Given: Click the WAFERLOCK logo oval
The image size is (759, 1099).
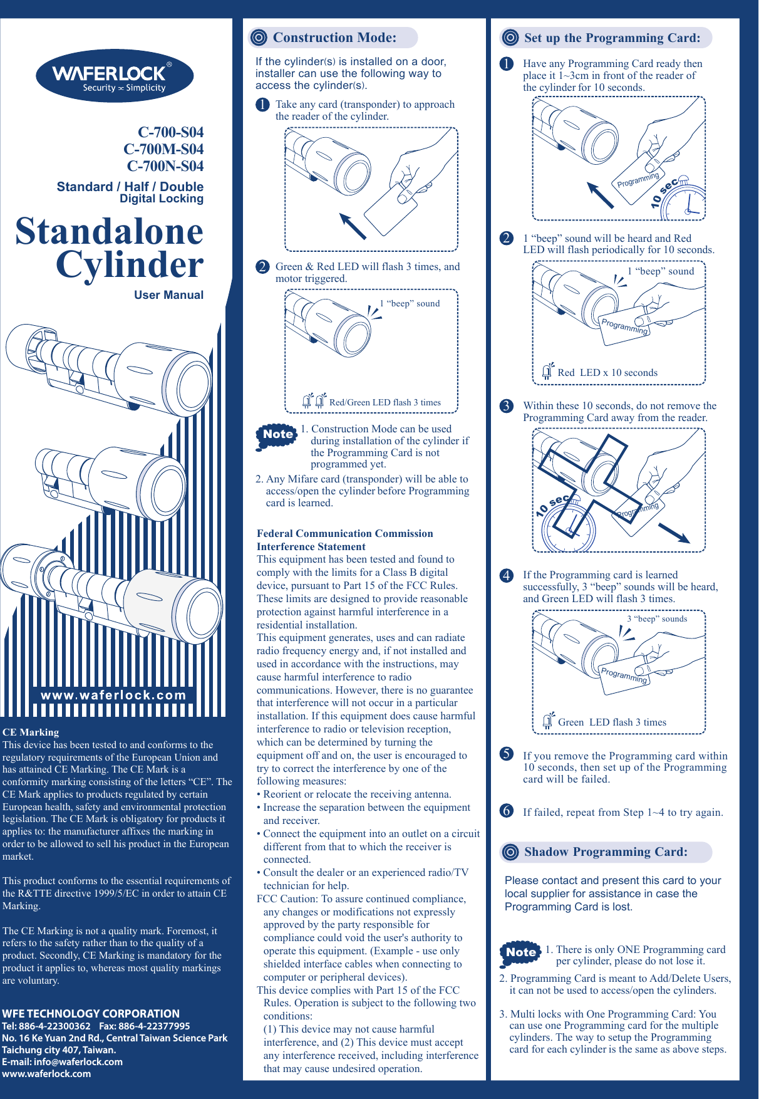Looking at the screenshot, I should click(x=115, y=76).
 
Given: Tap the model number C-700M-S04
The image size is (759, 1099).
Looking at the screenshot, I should click(x=163, y=149).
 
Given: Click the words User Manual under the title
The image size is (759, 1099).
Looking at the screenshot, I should click(x=168, y=295).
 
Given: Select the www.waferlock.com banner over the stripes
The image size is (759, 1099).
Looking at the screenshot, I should click(x=113, y=695).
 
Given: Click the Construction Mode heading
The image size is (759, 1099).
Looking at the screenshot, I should click(x=334, y=38).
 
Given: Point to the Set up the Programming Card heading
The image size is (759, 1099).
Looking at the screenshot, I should click(x=611, y=38).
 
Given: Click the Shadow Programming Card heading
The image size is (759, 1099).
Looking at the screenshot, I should click(x=605, y=852).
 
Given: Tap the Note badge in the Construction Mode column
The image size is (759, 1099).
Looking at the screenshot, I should click(x=277, y=435).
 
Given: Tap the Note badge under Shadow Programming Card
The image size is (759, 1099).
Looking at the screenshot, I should click(x=520, y=953).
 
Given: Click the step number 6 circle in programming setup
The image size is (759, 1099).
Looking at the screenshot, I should click(x=507, y=811).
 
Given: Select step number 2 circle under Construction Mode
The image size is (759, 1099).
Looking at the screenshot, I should click(x=262, y=267).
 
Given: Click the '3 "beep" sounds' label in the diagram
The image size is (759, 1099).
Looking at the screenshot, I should click(x=657, y=619).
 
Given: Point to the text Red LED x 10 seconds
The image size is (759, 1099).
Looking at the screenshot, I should click(x=607, y=373).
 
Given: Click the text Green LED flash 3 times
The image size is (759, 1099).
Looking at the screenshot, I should click(x=611, y=722).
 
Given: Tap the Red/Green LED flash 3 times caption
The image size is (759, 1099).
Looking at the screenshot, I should click(x=385, y=403).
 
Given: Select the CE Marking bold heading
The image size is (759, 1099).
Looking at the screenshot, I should click(x=31, y=732).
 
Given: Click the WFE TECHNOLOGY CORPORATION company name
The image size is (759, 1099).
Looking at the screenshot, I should click(x=91, y=1013).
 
